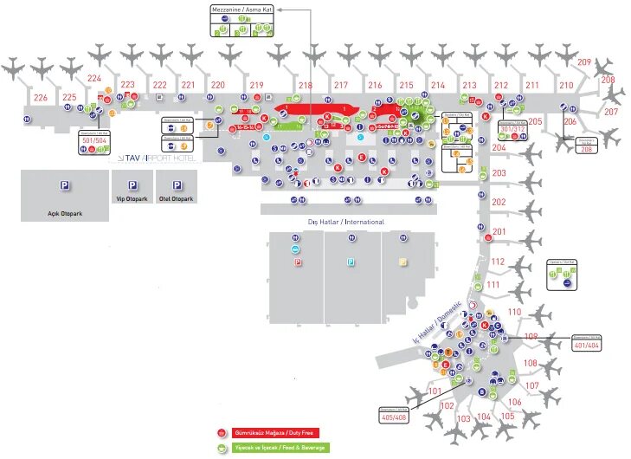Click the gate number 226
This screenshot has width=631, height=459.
tap(41, 97)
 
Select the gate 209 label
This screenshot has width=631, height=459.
tap(585, 61)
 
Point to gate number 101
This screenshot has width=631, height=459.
tap(435, 391)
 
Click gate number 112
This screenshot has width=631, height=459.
tap(497, 262)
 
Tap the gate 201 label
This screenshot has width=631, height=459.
tap(499, 231)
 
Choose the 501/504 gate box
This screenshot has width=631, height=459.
tap(93, 140)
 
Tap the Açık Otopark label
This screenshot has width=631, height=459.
tap(64, 210)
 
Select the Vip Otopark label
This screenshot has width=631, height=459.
tap(132, 198)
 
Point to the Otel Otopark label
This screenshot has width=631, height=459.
tap(177, 198)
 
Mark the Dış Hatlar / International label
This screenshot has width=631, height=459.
tap(346, 222)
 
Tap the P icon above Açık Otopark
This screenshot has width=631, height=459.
tap(64, 185)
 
